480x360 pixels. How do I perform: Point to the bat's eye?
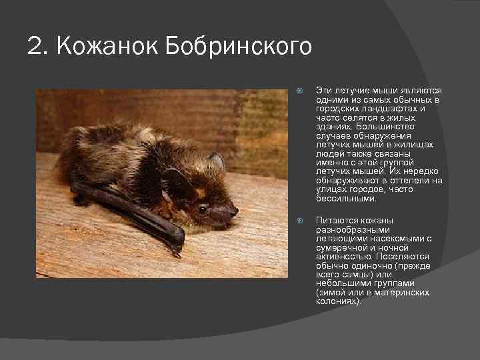point(202,209)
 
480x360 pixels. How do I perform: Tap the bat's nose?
point(233,212)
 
